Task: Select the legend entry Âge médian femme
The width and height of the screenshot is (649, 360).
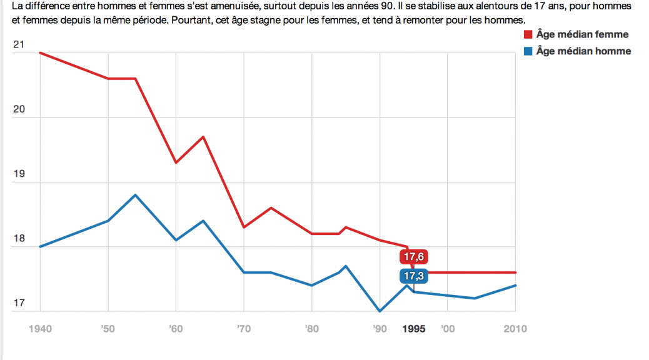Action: pyautogui.click(x=582, y=35)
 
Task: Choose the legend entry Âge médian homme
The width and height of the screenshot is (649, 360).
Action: pyautogui.click(x=583, y=51)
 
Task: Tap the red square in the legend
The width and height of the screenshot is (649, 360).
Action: pyautogui.click(x=528, y=35)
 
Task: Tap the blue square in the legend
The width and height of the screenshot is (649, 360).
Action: pyautogui.click(x=528, y=51)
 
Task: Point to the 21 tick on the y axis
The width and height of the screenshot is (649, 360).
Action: pyautogui.click(x=19, y=45)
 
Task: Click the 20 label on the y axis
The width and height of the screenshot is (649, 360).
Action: pyautogui.click(x=19, y=109)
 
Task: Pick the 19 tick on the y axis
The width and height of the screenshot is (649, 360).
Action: pyautogui.click(x=19, y=174)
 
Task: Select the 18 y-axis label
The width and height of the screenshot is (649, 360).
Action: pyautogui.click(x=19, y=238)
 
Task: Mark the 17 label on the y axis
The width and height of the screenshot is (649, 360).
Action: pyautogui.click(x=19, y=303)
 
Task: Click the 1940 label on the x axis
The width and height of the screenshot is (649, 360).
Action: pyautogui.click(x=41, y=329)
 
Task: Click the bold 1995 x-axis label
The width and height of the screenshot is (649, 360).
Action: pyautogui.click(x=414, y=329)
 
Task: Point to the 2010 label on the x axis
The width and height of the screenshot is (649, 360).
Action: pyautogui.click(x=515, y=329)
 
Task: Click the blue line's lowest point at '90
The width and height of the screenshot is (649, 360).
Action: pyautogui.click(x=379, y=311)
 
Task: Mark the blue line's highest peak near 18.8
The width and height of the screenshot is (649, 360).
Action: pyautogui.click(x=135, y=195)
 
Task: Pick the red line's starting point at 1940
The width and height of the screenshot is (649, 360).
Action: pyautogui.click(x=41, y=52)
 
